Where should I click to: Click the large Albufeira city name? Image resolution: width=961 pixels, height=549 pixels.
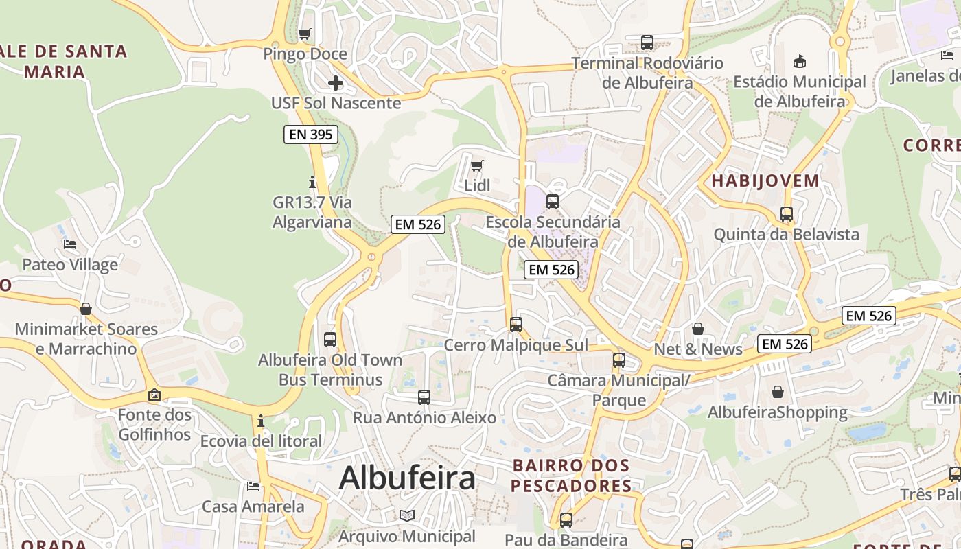click(x=407, y=478)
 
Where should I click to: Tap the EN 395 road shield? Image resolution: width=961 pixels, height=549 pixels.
click(x=311, y=135)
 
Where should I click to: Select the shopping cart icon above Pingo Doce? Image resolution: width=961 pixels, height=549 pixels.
click(x=305, y=34)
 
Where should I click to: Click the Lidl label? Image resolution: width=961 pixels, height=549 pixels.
click(x=477, y=185)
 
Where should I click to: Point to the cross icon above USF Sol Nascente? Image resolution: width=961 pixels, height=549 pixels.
click(x=335, y=84)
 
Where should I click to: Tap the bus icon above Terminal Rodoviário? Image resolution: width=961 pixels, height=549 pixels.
click(x=647, y=43)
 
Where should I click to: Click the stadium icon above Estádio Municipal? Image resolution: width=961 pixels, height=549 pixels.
click(x=799, y=62)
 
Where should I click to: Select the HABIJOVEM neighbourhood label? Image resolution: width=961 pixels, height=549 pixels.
click(x=765, y=181)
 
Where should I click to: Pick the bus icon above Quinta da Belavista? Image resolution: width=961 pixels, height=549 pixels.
click(x=787, y=214)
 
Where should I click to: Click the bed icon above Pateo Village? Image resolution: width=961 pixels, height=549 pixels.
click(x=70, y=244)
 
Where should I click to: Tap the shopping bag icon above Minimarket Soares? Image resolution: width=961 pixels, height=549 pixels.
click(x=86, y=309)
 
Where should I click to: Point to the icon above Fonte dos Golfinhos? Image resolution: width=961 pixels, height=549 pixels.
click(x=154, y=395)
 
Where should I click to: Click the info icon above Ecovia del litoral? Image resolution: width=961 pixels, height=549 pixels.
click(x=261, y=421)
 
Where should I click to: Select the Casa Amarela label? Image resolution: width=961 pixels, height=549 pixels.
click(x=253, y=506)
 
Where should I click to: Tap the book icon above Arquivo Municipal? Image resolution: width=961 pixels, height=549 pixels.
click(x=407, y=515)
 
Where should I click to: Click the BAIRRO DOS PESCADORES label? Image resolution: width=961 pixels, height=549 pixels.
click(x=571, y=476)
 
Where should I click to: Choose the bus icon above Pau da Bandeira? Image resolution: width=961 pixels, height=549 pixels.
click(x=566, y=520)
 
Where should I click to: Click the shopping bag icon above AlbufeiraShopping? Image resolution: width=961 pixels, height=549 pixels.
click(x=778, y=392)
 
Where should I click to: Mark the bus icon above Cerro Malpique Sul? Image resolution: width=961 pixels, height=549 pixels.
click(x=516, y=325)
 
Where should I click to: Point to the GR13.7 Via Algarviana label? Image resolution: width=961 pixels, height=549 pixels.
click(x=312, y=212)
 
